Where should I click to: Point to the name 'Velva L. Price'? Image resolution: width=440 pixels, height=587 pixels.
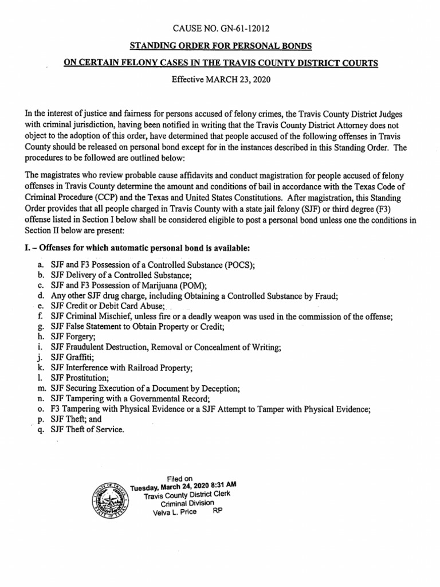[x=174, y=512]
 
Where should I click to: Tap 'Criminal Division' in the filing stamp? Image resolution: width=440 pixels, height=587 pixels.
[x=187, y=503]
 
